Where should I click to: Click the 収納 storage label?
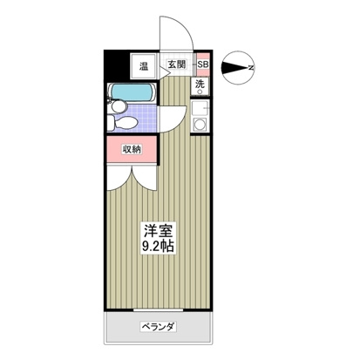pos(132,148)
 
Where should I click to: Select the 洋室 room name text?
pos(158,230)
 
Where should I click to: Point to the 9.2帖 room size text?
pos(158,247)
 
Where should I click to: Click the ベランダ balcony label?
pos(158,327)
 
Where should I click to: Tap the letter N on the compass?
pos(249,66)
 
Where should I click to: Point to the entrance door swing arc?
pos(177,35)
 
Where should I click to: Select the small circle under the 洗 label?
pos(200,93)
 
